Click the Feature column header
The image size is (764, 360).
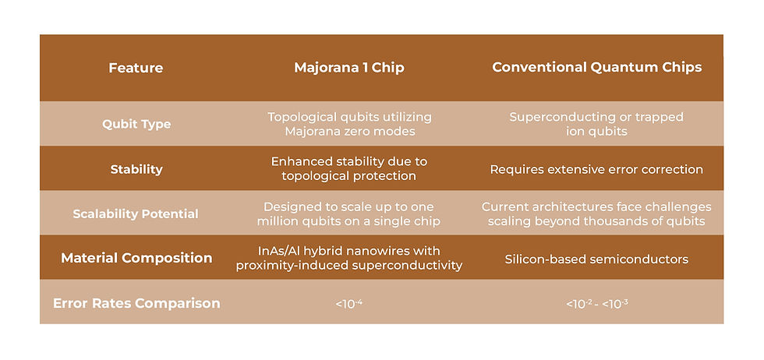[x=136, y=68]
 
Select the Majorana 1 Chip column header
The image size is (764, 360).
[x=349, y=68]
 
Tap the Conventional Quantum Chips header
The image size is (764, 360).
[x=597, y=67]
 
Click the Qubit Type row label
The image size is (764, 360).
[x=136, y=124]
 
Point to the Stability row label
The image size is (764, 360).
[x=136, y=170]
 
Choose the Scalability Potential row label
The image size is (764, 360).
[x=136, y=214]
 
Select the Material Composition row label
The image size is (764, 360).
[x=136, y=258]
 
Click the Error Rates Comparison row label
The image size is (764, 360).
[x=136, y=303]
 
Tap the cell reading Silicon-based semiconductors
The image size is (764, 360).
[x=596, y=259]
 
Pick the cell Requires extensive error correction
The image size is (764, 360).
[x=596, y=170]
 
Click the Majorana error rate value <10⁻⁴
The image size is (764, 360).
[x=349, y=304]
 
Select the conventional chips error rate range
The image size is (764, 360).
[x=597, y=304]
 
